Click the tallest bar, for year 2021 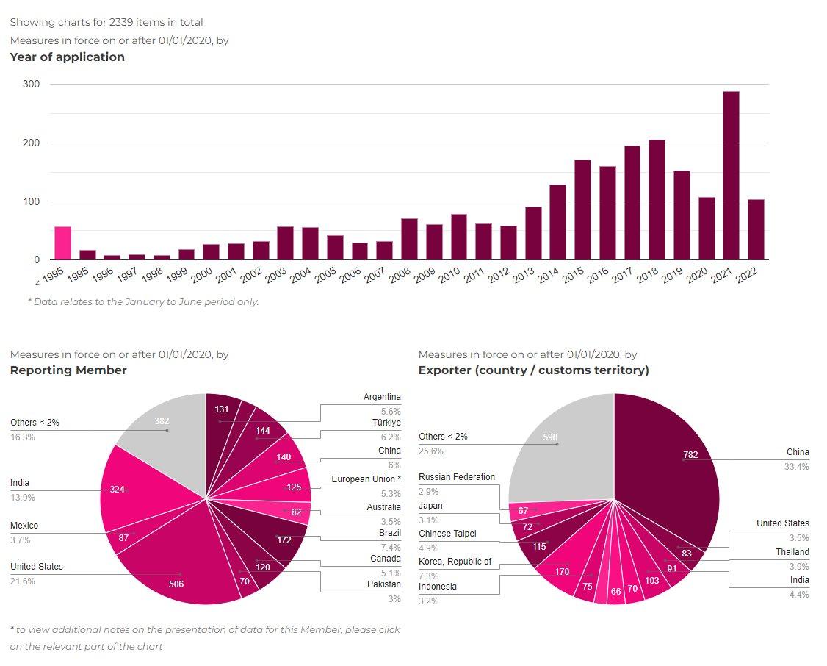[731, 176]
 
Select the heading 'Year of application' [68, 57]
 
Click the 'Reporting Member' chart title [68, 370]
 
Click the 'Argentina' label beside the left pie [382, 397]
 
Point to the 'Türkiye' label [386, 423]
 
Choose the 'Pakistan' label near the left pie [384, 584]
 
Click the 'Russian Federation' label [457, 477]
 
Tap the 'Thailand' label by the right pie [792, 552]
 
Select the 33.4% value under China [797, 467]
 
